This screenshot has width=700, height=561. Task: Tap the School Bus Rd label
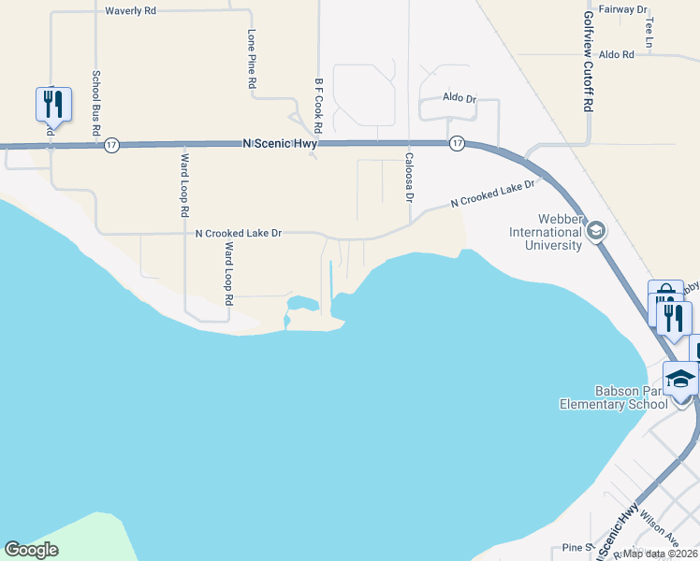click(95, 104)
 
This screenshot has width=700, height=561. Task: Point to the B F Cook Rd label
click(319, 105)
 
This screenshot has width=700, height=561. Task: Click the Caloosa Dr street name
click(409, 178)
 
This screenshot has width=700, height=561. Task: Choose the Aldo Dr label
click(459, 98)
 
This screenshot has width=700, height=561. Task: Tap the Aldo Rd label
click(617, 55)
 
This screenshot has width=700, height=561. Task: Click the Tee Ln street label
click(649, 32)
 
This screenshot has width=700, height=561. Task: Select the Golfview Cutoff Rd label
click(589, 62)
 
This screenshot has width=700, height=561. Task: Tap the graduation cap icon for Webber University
click(595, 231)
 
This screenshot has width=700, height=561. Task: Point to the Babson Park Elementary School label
click(625, 397)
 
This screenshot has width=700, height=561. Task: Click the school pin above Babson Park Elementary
click(680, 379)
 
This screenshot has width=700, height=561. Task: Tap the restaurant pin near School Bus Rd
click(52, 104)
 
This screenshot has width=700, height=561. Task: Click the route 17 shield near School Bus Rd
click(111, 145)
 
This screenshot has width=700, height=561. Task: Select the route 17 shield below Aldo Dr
click(457, 143)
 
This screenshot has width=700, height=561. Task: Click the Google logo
click(31, 550)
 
